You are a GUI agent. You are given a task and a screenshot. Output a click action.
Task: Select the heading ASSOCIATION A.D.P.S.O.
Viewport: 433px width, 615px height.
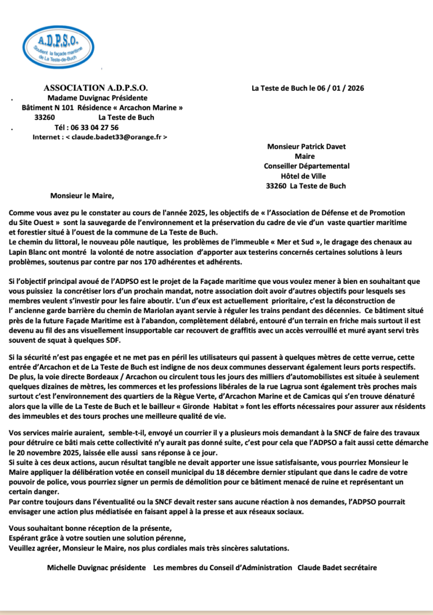95,88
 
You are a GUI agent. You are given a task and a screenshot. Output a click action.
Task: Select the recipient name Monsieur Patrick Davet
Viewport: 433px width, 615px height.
306,147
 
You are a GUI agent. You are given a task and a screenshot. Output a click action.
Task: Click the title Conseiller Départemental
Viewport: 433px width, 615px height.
306,166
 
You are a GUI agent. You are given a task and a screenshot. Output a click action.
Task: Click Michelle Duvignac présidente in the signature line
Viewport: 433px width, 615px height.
96,567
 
